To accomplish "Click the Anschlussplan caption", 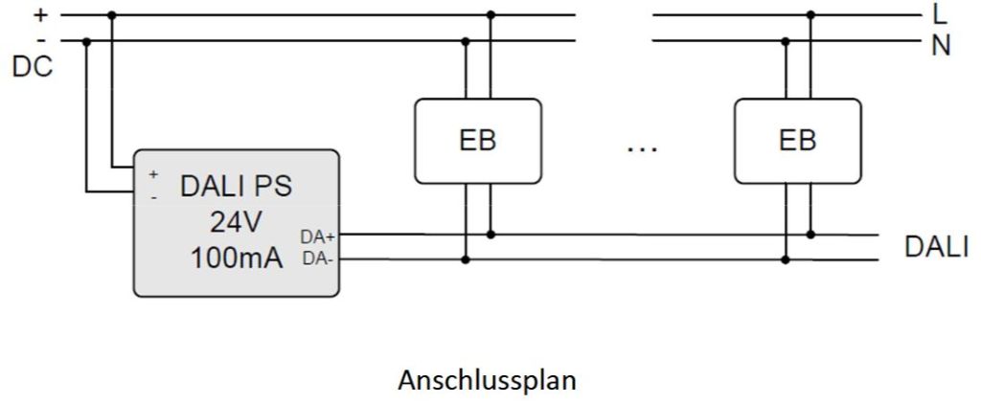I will coord(487,380).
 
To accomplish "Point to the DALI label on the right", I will coord(937,246).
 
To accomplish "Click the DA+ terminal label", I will coord(318,236).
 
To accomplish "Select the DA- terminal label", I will coord(317,258).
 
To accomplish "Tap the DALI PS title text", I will coord(236,187).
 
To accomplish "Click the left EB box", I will coord(477,141).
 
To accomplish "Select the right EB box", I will coord(797,141).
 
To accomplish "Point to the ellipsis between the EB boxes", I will coord(640,148).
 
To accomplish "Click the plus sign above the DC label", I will coord(40,14).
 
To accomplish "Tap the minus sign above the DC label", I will coord(40,40).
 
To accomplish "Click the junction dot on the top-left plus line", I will coord(112,15).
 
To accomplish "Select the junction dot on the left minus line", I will coord(87,41).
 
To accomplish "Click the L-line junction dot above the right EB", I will coord(810,15).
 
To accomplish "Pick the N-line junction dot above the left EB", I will coord(466,41).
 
